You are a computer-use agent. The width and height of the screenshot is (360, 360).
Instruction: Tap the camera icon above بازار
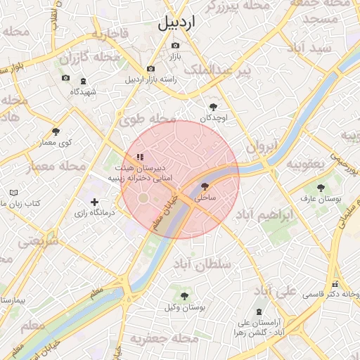[175, 46]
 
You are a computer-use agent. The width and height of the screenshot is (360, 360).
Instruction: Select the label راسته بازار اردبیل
[150, 79]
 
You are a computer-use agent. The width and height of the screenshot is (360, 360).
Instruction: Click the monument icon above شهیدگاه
[84, 82]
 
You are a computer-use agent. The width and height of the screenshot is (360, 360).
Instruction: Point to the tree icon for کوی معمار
[56, 131]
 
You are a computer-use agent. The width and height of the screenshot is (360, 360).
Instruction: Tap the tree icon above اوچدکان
[214, 107]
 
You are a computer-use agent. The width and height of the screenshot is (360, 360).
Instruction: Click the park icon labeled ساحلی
[205, 187]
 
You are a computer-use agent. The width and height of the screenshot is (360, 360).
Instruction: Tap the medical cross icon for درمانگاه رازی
[95, 202]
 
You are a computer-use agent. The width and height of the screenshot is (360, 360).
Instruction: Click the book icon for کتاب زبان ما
[14, 193]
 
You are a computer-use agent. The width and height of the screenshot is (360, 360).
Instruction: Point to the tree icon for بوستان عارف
[321, 188]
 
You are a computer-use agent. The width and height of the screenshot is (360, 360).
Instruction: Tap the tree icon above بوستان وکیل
[184, 296]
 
